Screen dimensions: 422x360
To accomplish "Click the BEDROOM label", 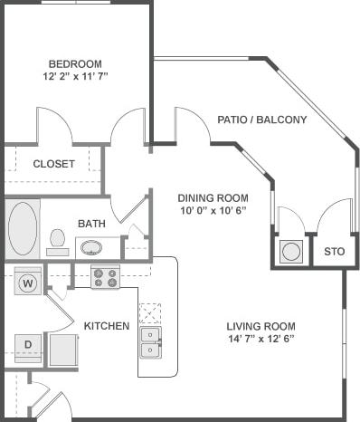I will [74, 64].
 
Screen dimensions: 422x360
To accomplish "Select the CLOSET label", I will [53, 164].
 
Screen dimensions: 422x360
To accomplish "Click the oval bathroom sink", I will [91, 246].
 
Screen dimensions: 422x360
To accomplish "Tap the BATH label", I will [90, 223].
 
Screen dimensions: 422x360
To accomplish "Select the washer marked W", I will [28, 283].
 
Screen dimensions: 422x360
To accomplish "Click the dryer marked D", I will [28, 344].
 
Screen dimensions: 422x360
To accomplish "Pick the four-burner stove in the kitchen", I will [106, 276].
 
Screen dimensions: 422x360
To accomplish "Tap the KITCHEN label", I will [107, 326].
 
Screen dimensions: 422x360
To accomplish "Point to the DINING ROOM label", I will [213, 198].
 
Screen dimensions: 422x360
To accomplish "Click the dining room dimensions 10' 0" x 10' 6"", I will [213, 211].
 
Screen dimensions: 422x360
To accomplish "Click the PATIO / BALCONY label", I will [262, 120].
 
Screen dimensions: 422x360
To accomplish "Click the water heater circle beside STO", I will [290, 251].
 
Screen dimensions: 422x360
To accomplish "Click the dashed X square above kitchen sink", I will [150, 312].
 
